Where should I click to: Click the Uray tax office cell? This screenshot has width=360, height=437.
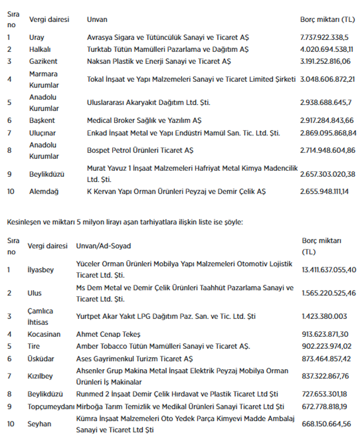[x=36, y=37]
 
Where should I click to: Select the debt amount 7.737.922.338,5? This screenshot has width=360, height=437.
[x=324, y=37]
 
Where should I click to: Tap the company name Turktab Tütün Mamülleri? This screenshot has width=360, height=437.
[x=167, y=49]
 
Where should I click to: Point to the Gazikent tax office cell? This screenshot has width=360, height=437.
[x=43, y=61]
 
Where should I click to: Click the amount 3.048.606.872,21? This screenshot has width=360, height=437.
[x=327, y=79]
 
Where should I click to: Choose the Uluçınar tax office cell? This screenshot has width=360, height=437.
[x=42, y=133]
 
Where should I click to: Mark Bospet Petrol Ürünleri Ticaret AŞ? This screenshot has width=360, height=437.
[x=140, y=150]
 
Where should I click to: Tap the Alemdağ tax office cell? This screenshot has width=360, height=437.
[x=43, y=191]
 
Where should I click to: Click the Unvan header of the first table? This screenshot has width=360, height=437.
[x=97, y=20]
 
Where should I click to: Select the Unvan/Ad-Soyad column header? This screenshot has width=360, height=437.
[x=103, y=246]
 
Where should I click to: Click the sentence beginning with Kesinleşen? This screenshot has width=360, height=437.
[x=125, y=222]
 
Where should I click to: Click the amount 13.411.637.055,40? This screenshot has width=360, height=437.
[x=329, y=269]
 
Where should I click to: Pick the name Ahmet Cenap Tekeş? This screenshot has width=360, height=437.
[x=108, y=334]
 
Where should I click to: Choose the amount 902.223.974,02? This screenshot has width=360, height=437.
[x=326, y=346]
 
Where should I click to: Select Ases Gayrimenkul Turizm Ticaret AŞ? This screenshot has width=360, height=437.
[x=134, y=358]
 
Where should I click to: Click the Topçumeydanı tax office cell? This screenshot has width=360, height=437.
[x=51, y=407]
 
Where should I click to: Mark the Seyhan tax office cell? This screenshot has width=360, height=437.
[x=39, y=424]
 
